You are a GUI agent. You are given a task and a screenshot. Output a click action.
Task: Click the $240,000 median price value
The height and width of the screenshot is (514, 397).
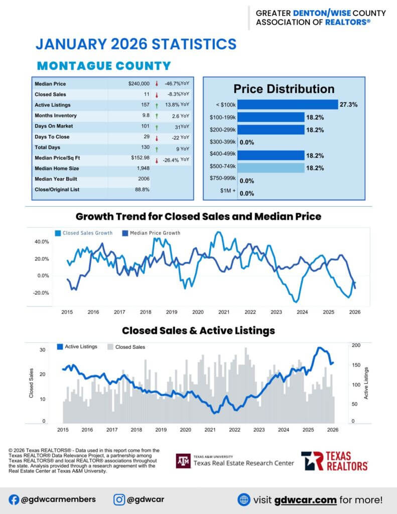pos(139,84)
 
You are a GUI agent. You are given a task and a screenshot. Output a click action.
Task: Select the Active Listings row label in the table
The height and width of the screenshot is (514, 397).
pos(53,105)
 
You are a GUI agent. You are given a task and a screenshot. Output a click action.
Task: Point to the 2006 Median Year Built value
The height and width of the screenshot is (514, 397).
pos(144,179)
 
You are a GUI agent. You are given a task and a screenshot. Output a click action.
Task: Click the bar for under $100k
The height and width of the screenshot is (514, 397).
pos(288,104)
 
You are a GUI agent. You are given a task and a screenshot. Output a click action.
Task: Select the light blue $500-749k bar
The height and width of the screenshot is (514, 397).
pos(271,168)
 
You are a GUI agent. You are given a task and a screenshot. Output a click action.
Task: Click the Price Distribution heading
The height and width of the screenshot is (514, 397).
pos(284,89)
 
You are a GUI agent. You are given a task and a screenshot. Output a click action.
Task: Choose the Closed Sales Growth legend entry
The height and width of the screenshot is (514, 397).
pos(83,233)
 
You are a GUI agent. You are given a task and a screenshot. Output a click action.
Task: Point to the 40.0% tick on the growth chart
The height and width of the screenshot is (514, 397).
pos(42,241)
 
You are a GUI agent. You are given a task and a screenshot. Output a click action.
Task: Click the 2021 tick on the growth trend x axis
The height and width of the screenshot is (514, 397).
pos(224,312)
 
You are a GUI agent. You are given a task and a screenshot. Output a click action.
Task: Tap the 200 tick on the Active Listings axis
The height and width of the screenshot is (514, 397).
pos(356,345)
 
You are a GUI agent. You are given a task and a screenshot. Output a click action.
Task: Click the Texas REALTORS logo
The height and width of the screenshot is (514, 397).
pos(334,460)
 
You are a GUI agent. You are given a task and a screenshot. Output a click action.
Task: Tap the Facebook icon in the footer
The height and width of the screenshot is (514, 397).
pos(14,499)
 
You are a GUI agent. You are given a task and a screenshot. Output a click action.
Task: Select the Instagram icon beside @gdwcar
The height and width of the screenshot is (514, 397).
pos(119,499)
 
